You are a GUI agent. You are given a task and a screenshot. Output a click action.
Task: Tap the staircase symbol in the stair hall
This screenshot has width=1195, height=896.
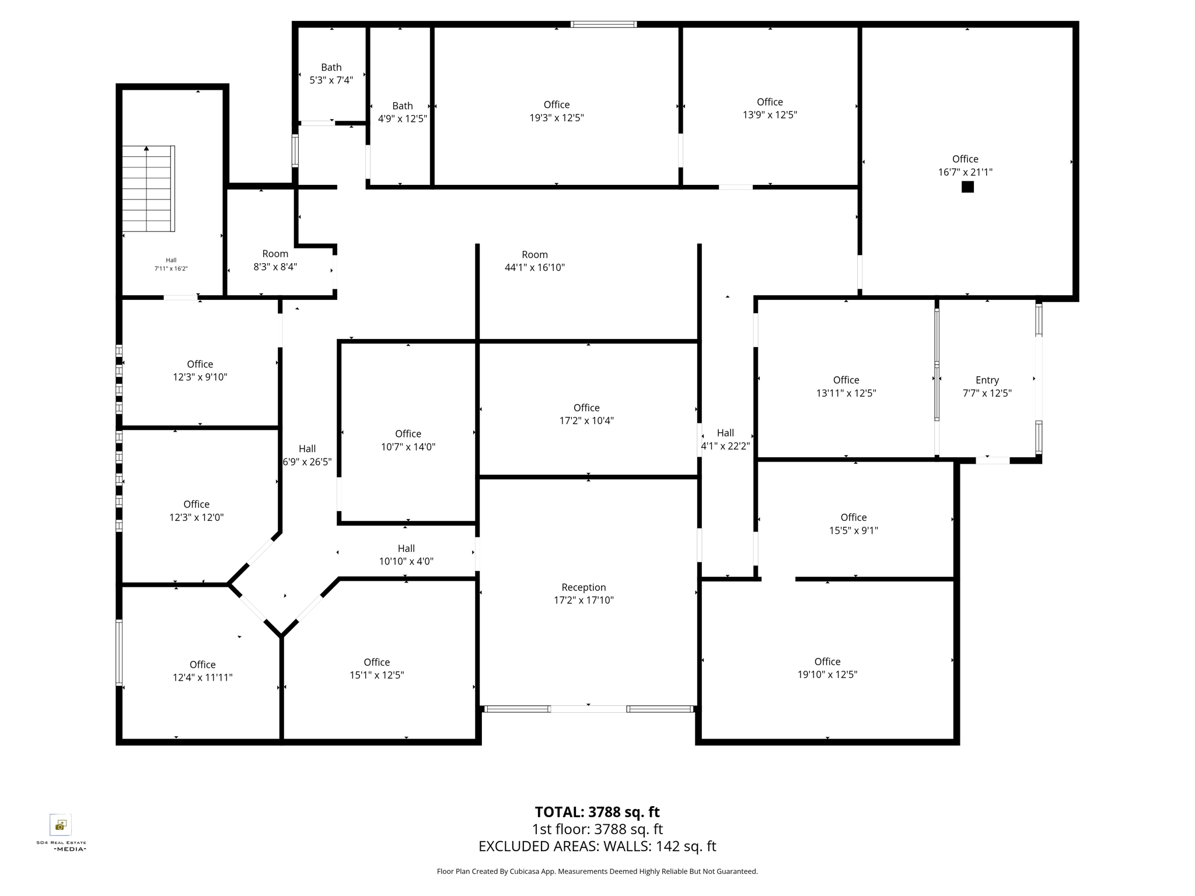click(x=148, y=188)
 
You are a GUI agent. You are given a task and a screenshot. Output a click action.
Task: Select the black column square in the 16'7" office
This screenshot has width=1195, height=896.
click(x=967, y=187)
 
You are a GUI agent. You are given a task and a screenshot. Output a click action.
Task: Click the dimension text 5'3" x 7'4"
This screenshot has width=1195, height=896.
click(x=331, y=80)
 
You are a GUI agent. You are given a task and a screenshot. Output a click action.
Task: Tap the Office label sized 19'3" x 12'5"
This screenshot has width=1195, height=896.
click(x=556, y=111)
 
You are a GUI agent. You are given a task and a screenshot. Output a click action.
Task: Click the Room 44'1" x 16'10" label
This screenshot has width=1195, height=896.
click(x=534, y=261)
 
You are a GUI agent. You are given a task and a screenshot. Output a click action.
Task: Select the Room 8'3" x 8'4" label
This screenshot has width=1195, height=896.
click(x=275, y=260)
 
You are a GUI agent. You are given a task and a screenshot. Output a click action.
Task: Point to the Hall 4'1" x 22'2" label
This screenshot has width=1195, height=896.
click(x=725, y=439)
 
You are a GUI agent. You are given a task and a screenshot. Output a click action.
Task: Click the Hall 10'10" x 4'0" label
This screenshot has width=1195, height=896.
click(x=406, y=555)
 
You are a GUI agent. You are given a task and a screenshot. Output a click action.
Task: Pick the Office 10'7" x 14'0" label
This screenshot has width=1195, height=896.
click(x=408, y=440)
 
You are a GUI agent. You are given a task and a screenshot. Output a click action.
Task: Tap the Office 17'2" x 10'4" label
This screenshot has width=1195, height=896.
click(x=586, y=414)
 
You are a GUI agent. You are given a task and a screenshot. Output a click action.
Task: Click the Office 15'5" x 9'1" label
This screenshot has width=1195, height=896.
click(x=853, y=524)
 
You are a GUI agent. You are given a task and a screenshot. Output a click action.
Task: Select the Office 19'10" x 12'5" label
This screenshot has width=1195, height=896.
click(x=827, y=668)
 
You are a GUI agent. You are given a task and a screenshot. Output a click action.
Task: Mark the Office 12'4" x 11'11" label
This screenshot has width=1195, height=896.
click(x=202, y=671)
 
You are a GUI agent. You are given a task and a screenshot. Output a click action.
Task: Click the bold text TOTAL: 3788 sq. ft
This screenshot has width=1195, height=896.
click(x=597, y=812)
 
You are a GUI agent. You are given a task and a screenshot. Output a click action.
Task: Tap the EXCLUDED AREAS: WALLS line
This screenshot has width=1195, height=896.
click(x=597, y=846)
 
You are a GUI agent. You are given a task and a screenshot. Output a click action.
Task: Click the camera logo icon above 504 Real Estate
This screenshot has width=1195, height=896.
click(x=61, y=825)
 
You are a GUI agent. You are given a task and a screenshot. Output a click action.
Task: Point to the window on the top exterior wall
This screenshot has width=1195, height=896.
click(x=603, y=24)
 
